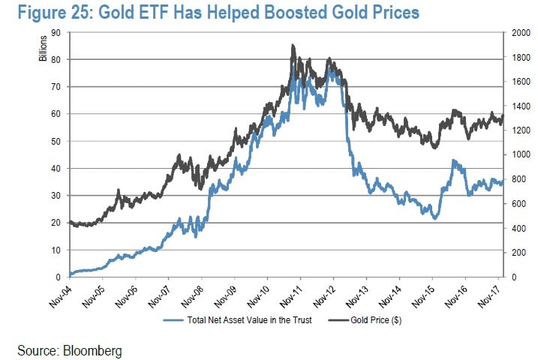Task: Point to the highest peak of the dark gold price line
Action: (292, 45)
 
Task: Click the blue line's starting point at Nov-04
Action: (69, 274)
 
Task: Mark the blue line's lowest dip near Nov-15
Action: (434, 218)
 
